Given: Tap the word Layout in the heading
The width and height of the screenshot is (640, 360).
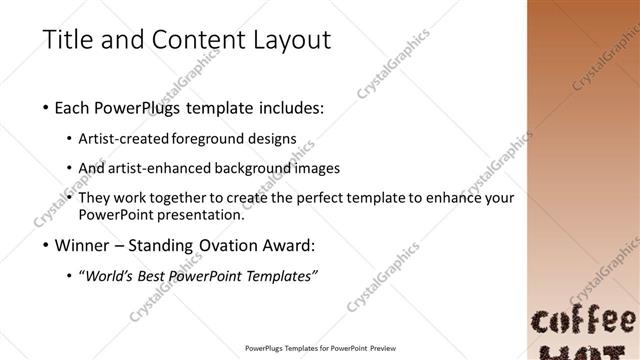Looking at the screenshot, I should point(290,41).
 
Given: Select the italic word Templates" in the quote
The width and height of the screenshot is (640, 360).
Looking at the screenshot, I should point(283,275).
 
